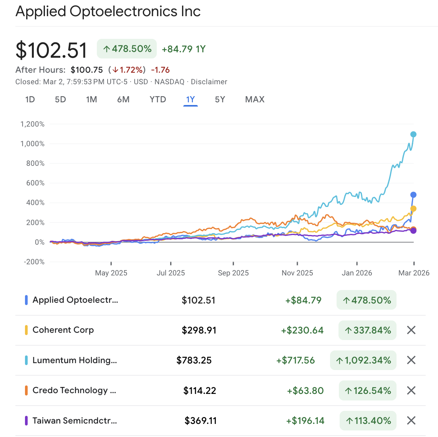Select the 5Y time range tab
pyautogui.click(x=220, y=100)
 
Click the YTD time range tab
pyautogui.click(x=158, y=100)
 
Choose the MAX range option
pyautogui.click(x=255, y=100)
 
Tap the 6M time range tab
pyautogui.click(x=123, y=100)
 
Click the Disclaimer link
pyautogui.click(x=209, y=82)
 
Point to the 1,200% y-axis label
pyautogui.click(x=32, y=124)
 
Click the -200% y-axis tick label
pyautogui.click(x=34, y=262)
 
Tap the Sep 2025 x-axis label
pyautogui.click(x=233, y=273)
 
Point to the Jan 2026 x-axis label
pyautogui.click(x=357, y=273)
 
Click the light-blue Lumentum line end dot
pyautogui.click(x=413, y=134)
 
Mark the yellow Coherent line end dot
pyautogui.click(x=413, y=209)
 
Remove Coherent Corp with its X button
pyautogui.click(x=411, y=330)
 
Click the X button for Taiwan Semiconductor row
pyautogui.click(x=411, y=420)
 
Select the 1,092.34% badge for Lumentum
pyautogui.click(x=363, y=360)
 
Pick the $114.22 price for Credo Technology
pyautogui.click(x=200, y=391)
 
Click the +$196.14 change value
pyautogui.click(x=305, y=421)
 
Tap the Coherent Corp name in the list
pyautogui.click(x=63, y=330)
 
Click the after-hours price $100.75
pyautogui.click(x=87, y=70)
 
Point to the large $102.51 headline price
pyautogui.click(x=51, y=50)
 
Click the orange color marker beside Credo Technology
pyautogui.click(x=26, y=390)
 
